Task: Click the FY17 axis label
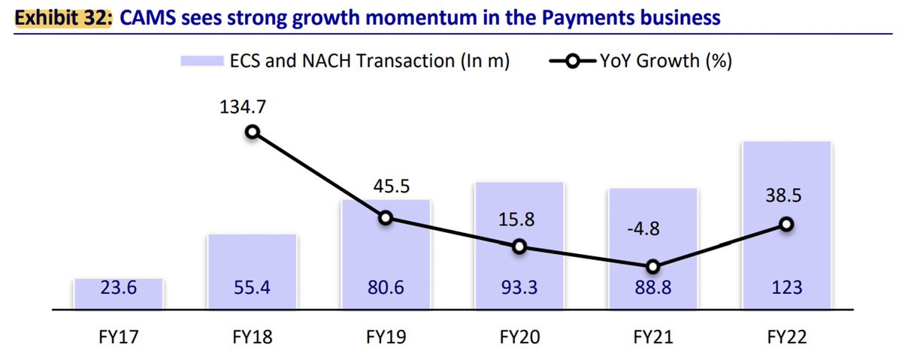[119, 335]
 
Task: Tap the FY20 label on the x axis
[519, 335]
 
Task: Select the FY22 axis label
[786, 335]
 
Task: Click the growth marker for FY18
[253, 132]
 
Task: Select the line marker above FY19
[386, 218]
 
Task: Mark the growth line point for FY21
[652, 267]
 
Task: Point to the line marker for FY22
[786, 224]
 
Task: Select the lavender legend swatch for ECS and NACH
[202, 62]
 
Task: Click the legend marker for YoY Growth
[573, 62]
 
